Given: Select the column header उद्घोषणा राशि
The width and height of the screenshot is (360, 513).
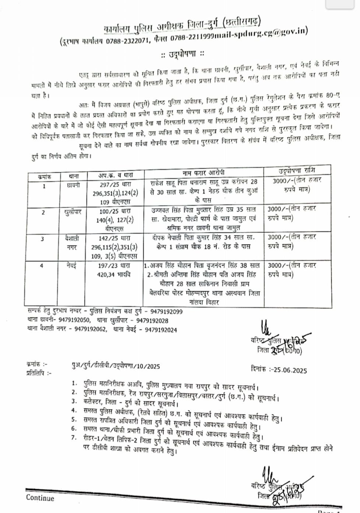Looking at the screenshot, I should (297, 171).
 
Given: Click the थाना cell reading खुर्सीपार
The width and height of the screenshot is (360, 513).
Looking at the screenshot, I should (72, 212).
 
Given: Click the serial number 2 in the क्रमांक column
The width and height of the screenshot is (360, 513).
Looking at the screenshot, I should (43, 213).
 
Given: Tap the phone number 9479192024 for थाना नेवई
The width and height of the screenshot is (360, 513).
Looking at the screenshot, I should (161, 330).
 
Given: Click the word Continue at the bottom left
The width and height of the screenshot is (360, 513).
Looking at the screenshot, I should (40, 498).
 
